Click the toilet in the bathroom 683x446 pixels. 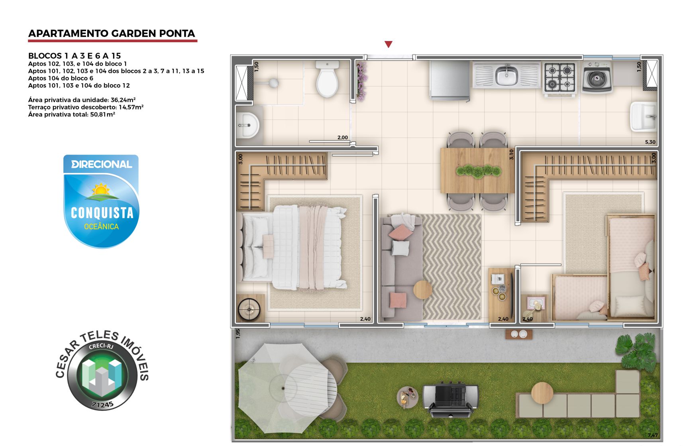click(327, 80)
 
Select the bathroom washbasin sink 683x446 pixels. click(247, 125)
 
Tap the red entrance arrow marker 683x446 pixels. click(388, 44)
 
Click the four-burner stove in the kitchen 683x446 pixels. click(560, 78)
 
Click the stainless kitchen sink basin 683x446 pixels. click(506, 75)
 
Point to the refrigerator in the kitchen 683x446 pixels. click(449, 80)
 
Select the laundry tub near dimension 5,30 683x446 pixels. click(643, 116)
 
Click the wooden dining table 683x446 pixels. click(477, 171)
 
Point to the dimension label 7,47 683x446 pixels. click(652, 435)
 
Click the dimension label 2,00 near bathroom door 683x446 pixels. click(343, 138)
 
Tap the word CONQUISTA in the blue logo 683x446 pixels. click(102, 213)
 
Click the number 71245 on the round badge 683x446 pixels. click(102, 404)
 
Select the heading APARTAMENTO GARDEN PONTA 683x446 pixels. click(112, 33)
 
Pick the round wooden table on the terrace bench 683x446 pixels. click(542, 393)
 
